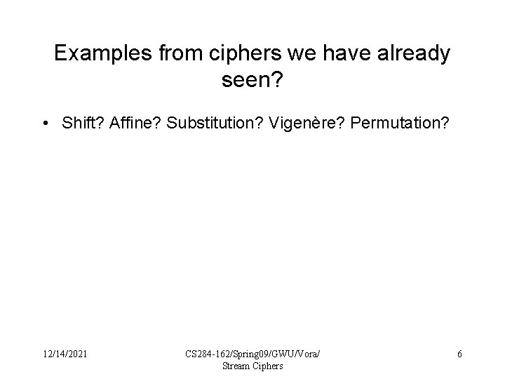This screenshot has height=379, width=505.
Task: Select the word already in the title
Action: click(413, 54)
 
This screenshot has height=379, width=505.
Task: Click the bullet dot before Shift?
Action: click(45, 124)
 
